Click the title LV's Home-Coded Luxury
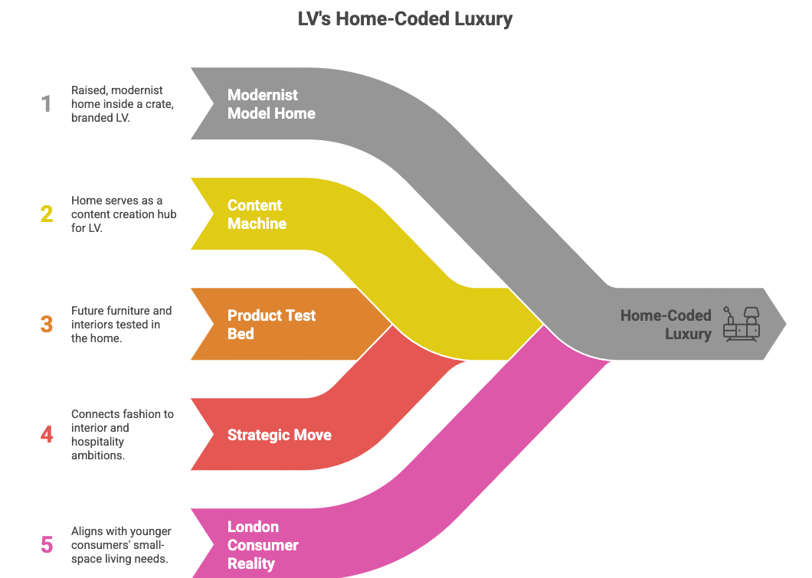tap(405, 18)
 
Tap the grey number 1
tap(47, 104)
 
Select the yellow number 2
tap(47, 214)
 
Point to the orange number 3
tap(47, 325)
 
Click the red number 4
tap(47, 435)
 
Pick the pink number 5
tap(47, 545)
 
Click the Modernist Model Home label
tap(271, 104)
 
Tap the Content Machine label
tap(257, 214)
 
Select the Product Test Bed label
tap(271, 325)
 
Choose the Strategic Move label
tap(279, 435)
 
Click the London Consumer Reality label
tap(263, 545)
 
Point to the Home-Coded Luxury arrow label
tap(666, 325)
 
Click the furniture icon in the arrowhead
tap(741, 325)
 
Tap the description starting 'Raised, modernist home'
tap(123, 104)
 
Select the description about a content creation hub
tap(123, 214)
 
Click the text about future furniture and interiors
tap(121, 325)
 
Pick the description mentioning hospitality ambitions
tap(123, 435)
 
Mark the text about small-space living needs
tap(121, 545)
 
